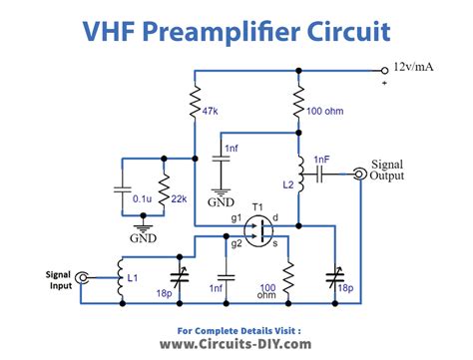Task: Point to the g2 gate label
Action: pyautogui.click(x=236, y=242)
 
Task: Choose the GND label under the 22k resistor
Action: pyautogui.click(x=144, y=238)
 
